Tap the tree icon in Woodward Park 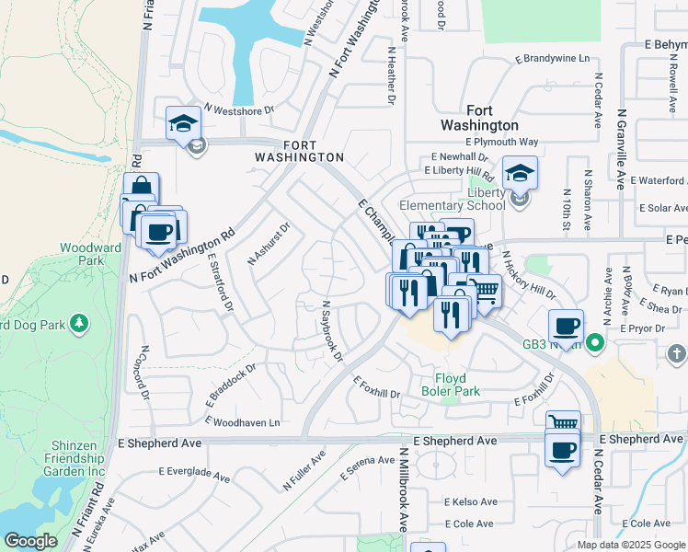81,322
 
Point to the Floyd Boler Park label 450,385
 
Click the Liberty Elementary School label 452,198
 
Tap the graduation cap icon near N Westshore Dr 183,122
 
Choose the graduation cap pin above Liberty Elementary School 520,172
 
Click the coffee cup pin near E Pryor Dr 566,325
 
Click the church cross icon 676,353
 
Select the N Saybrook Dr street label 331,330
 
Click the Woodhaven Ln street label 246,422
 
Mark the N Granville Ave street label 622,150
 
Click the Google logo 31,541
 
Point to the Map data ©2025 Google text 630,545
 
